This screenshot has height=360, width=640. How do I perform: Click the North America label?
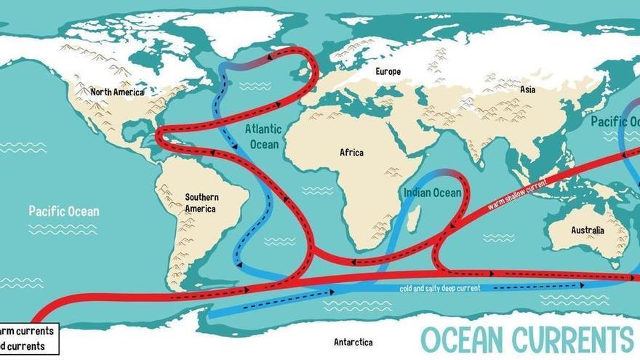click(117, 92)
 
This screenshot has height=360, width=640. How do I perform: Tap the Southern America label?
click(201, 203)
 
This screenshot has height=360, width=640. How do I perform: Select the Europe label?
click(388, 72)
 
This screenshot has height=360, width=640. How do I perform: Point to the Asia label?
click(528, 89)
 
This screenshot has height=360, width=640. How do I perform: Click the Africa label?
click(351, 153)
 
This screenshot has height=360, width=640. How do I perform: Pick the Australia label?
click(587, 231)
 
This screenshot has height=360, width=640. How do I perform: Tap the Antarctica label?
click(353, 342)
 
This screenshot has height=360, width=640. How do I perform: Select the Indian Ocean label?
click(432, 193)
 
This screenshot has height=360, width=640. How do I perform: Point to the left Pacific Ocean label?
click(64, 212)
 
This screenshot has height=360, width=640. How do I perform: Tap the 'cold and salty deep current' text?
click(440, 289)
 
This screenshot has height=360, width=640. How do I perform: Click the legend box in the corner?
click(28, 339)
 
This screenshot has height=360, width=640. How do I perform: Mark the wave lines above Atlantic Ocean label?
click(255, 87)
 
